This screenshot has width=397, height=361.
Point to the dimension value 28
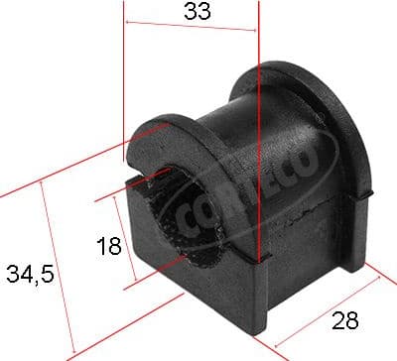[x=343, y=322]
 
